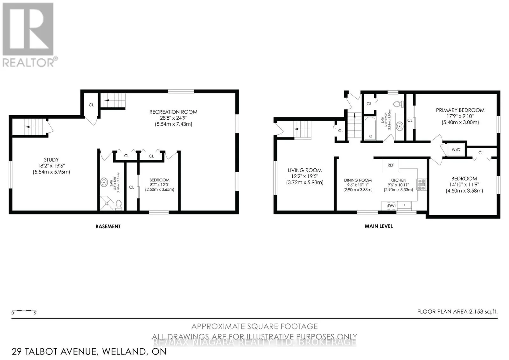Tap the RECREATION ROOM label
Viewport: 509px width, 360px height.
[173, 112]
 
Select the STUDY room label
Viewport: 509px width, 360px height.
[51, 160]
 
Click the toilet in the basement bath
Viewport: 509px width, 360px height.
[119, 205]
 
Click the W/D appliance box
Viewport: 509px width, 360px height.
[456, 150]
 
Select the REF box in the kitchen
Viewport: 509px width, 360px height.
[391, 165]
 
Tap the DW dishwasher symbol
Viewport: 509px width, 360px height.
[391, 206]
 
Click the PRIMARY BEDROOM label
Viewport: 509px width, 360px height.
[460, 110]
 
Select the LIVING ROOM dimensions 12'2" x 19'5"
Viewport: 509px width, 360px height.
[304, 176]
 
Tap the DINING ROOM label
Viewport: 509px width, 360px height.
[358, 180]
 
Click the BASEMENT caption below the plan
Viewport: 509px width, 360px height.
[108, 226]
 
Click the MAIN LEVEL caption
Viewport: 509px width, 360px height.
[379, 226]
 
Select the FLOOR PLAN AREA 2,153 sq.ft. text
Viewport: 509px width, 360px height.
[457, 312]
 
